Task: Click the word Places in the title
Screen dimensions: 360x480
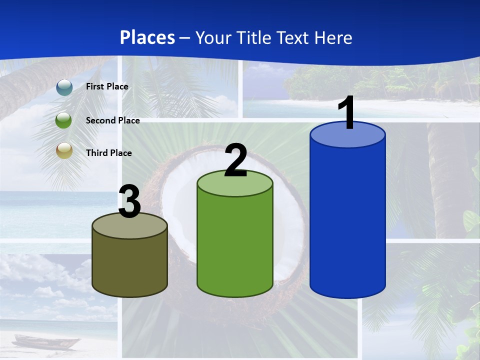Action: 147,37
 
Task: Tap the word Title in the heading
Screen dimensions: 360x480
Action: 253,37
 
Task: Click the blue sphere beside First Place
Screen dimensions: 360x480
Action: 64,87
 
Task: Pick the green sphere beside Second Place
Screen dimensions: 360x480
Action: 64,120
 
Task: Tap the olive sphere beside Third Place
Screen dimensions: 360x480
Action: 64,151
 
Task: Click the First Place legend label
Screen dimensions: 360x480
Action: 107,86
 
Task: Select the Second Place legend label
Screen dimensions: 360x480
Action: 112,120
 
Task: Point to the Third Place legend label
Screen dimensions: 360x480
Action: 108,153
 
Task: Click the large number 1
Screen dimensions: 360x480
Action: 346,113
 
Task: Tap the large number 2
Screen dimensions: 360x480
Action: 235,160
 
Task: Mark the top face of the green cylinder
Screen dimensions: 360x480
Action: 235,185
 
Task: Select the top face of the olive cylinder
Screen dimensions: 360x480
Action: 129,227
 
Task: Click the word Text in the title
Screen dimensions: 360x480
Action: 293,37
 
